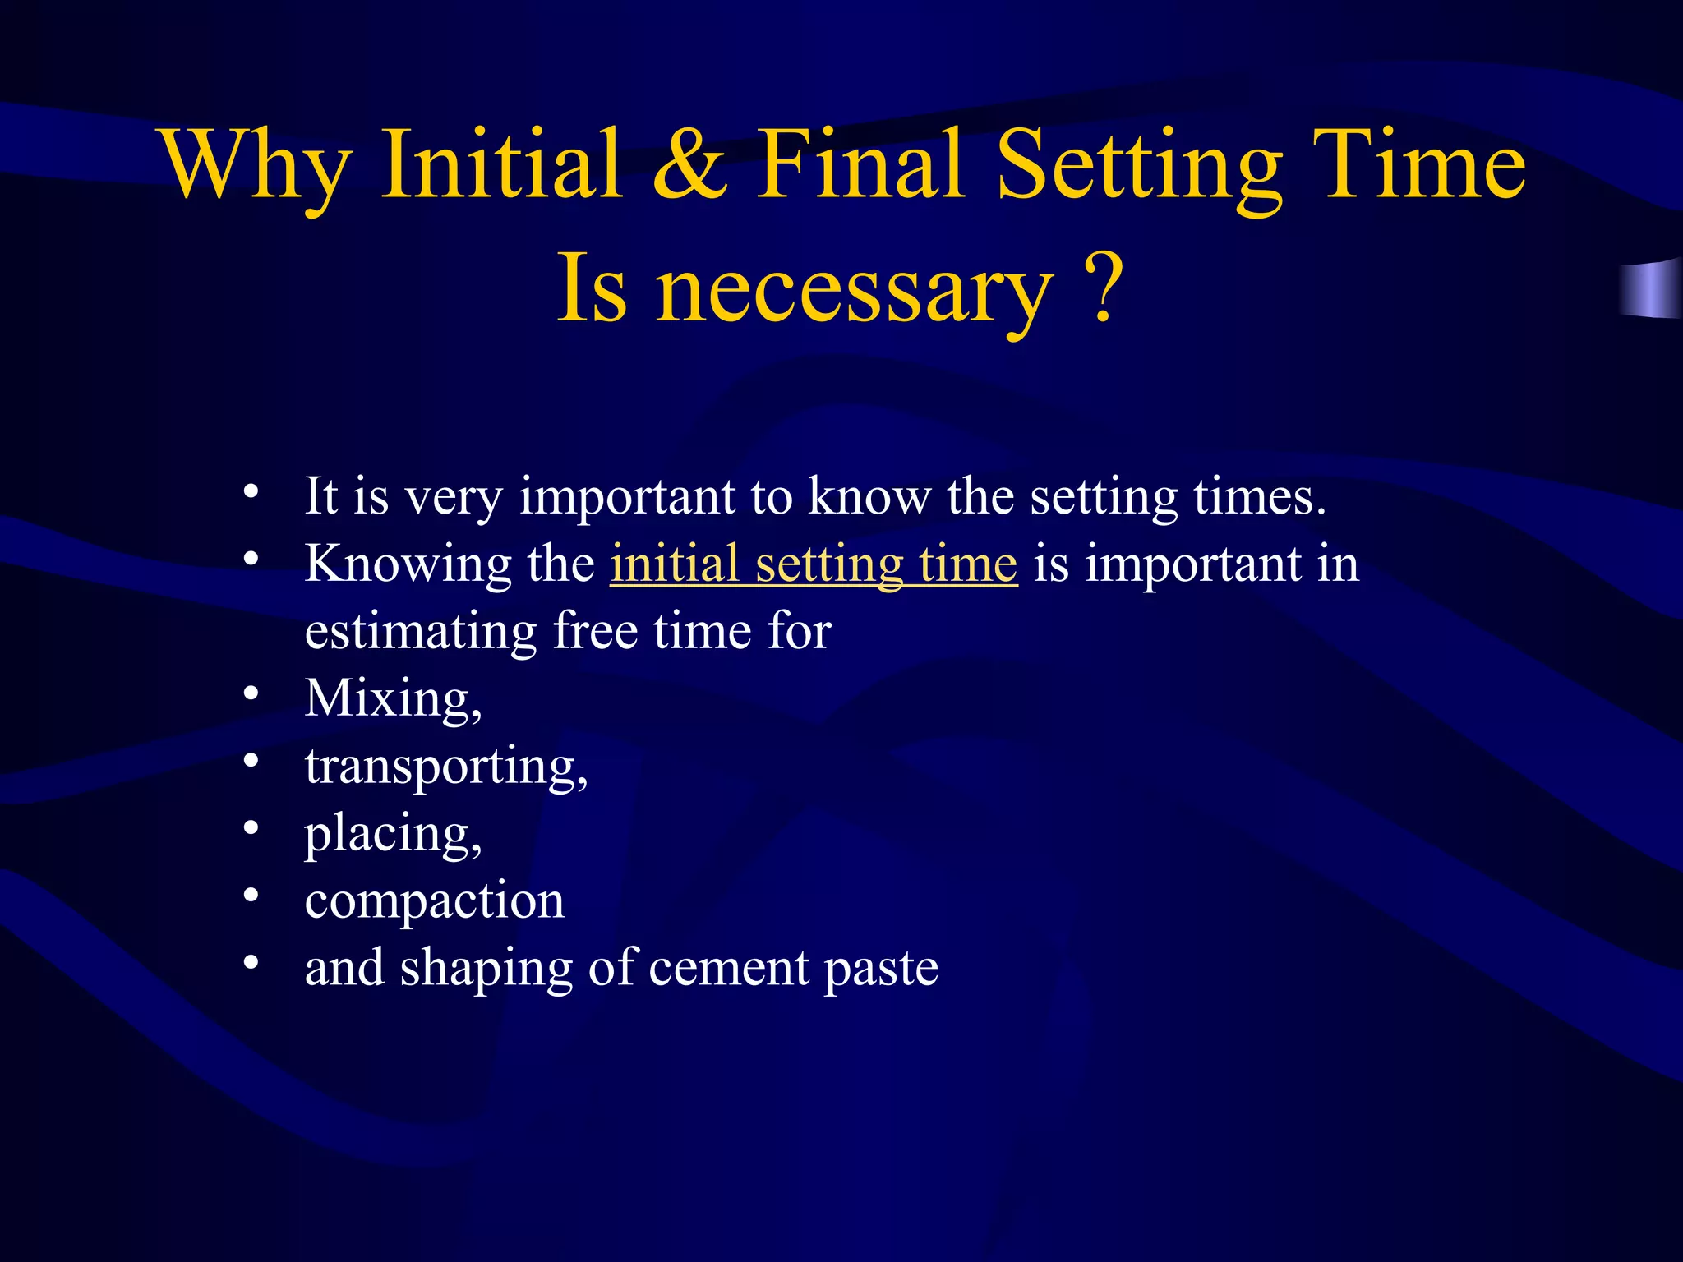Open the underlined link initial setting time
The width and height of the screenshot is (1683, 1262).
814,564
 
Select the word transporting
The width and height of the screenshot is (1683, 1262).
445,767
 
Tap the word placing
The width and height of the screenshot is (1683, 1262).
391,834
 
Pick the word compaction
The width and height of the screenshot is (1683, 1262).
434,900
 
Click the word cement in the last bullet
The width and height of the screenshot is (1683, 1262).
728,968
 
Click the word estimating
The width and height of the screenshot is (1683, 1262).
420,632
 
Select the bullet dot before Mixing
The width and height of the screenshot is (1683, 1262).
251,693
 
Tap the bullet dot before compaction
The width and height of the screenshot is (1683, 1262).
251,895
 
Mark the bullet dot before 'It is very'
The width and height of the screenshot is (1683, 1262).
251,492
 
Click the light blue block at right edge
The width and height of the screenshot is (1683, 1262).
1650,288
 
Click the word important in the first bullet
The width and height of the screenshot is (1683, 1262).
626,498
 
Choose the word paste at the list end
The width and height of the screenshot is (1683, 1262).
881,970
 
